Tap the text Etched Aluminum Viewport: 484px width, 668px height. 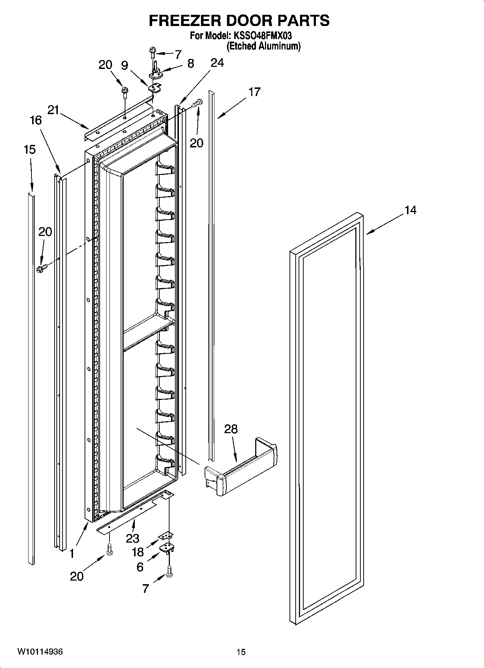tap(264, 46)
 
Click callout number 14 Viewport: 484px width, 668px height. tap(410, 210)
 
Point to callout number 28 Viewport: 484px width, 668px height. tap(231, 429)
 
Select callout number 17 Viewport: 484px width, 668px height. tap(254, 92)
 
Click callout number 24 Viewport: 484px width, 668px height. tap(217, 63)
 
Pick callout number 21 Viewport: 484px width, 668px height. tap(53, 110)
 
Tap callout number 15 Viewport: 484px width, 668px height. tap(30, 149)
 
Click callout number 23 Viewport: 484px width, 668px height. tap(133, 538)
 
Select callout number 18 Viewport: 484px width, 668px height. tap(138, 552)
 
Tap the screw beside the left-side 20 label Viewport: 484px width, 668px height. tap(41, 268)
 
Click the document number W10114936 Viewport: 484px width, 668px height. tap(40, 651)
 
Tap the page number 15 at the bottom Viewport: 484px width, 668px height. tap(241, 652)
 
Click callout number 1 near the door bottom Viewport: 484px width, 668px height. tap(72, 553)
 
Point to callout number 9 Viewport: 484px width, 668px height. tap(124, 65)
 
